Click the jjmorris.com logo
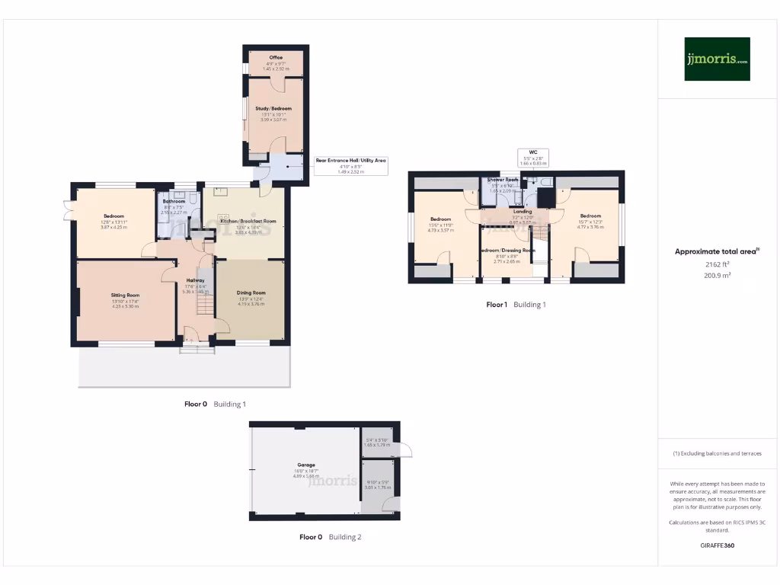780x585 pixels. pos(717,59)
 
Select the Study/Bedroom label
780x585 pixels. pos(276,109)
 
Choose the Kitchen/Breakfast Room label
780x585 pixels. pos(248,221)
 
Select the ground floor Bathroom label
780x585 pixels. pos(174,202)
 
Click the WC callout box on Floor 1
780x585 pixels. pos(533,157)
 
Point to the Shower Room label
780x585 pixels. pos(503,180)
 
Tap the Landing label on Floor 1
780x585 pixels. pos(523,212)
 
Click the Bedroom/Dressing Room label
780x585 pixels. pos(507,251)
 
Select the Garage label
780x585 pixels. pos(306,465)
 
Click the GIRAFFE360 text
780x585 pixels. pos(717,545)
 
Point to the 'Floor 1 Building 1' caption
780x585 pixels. pos(516,305)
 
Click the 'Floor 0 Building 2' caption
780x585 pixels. pos(330,537)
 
